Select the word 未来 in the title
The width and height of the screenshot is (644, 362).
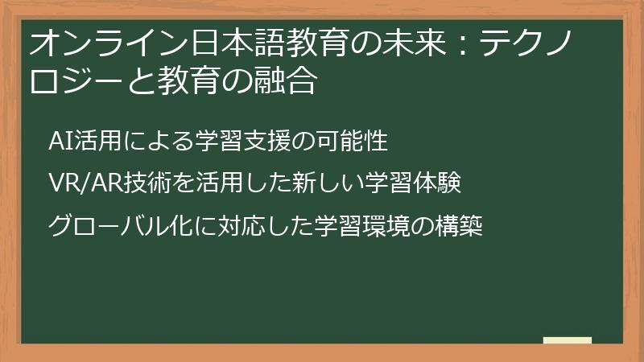coord(411,43)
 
